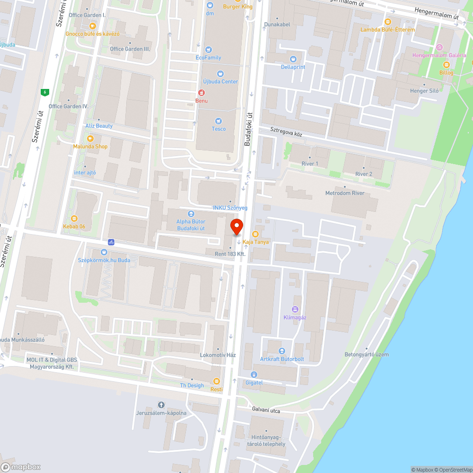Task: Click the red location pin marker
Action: point(236,226)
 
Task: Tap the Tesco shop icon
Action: point(218,121)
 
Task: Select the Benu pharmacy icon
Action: point(201,93)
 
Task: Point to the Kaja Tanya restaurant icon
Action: point(255,234)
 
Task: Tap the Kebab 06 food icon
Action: point(74,219)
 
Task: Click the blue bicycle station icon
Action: point(111,242)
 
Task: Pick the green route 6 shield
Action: point(44,92)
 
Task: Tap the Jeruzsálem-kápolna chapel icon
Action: point(161,405)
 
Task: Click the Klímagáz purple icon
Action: point(295,309)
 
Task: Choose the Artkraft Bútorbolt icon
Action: point(282,351)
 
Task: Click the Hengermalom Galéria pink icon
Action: point(439,47)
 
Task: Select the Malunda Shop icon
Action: point(90,138)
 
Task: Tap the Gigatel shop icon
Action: point(254,375)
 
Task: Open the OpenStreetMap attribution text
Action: point(453,470)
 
